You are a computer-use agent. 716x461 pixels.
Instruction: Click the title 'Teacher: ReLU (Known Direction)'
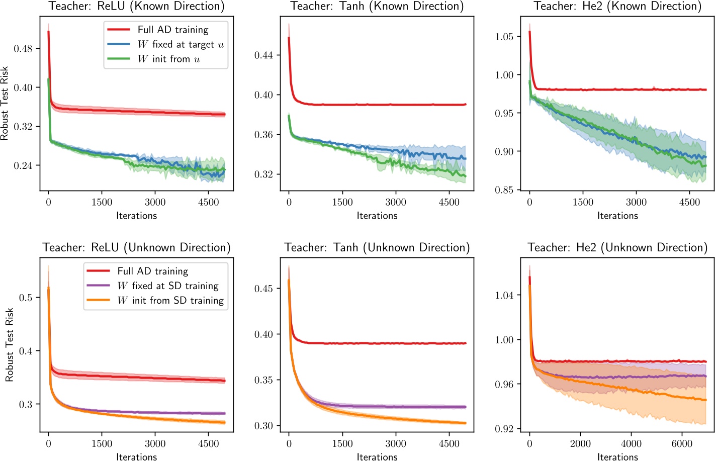pos(136,7)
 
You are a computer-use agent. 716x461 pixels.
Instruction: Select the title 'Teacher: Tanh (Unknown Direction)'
pos(377,247)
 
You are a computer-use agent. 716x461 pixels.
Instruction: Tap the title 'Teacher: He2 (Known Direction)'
pos(617,7)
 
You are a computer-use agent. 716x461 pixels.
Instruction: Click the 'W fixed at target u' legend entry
pos(181,44)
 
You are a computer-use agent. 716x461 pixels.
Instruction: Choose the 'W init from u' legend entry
pos(168,59)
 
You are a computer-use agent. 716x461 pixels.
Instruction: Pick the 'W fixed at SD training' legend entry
pos(168,286)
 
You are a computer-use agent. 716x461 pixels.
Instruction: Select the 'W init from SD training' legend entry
pos(170,300)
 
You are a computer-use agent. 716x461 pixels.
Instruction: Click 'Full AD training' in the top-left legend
pos(172,30)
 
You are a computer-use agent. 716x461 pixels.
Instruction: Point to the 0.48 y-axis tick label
pos(23,49)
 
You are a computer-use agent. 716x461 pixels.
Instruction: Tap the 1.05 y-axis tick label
pos(504,37)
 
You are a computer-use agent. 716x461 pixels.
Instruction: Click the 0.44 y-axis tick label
pos(263,55)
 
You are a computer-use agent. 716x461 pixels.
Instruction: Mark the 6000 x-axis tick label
pos(682,443)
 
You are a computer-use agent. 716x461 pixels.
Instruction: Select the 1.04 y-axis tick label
pos(504,295)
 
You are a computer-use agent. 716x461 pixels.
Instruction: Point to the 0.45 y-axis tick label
pos(263,289)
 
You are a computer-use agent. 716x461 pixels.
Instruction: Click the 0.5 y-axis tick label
pos(26,298)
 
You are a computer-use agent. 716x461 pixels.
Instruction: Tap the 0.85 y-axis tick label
pos(504,190)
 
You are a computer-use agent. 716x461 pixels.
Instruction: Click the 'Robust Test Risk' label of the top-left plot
pos(5,103)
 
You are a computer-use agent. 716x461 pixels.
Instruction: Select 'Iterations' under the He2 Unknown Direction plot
pos(617,456)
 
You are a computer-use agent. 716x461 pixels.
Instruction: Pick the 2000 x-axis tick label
pos(580,443)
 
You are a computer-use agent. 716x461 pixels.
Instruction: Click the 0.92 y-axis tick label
pos(504,429)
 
